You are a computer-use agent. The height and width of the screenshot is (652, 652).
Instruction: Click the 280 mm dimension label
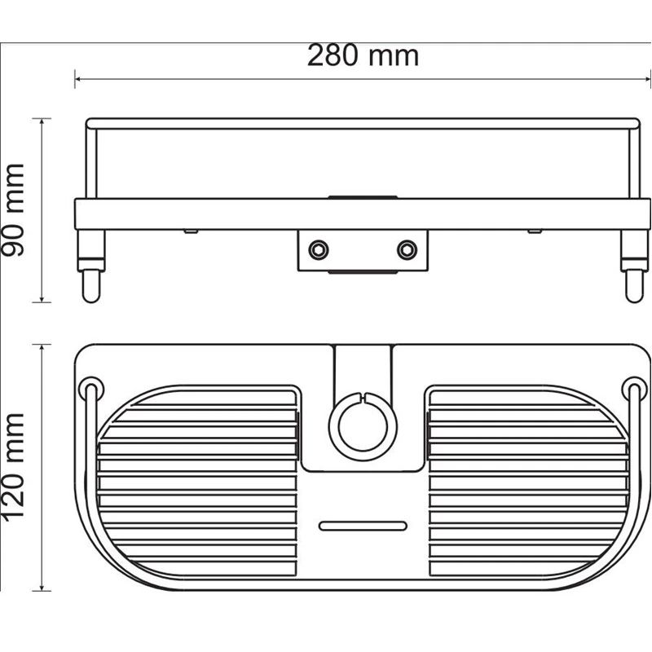[363, 55]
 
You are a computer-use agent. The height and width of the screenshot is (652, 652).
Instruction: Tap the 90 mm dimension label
[14, 209]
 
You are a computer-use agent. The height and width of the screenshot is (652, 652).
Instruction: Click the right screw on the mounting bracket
[406, 249]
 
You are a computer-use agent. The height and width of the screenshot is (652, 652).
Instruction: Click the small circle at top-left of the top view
[91, 384]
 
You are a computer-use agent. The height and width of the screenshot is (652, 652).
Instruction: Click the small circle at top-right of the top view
[632, 384]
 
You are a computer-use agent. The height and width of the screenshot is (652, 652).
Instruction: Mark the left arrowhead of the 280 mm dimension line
[77, 79]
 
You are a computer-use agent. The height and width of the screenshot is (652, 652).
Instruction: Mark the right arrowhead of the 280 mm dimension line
[648, 79]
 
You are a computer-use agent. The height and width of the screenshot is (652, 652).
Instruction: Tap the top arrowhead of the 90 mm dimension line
[42, 121]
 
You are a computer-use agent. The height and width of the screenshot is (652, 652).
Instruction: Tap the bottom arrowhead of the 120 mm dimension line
[42, 589]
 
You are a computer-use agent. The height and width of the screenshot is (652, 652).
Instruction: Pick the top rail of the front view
[362, 123]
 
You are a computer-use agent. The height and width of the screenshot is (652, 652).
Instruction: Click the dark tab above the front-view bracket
[362, 196]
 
